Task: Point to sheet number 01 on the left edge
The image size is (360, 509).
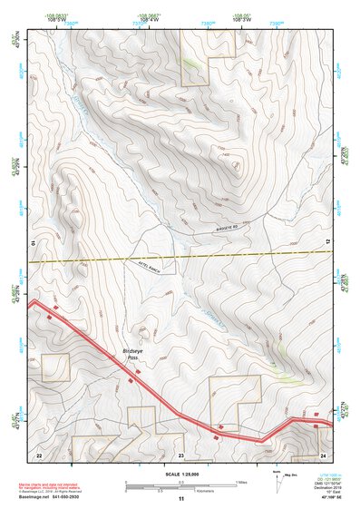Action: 31,244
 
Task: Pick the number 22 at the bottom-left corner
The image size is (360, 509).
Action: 38,454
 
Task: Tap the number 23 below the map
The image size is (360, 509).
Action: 180,454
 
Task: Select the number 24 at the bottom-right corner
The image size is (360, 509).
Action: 322,454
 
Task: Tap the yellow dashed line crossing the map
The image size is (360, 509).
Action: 181,256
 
